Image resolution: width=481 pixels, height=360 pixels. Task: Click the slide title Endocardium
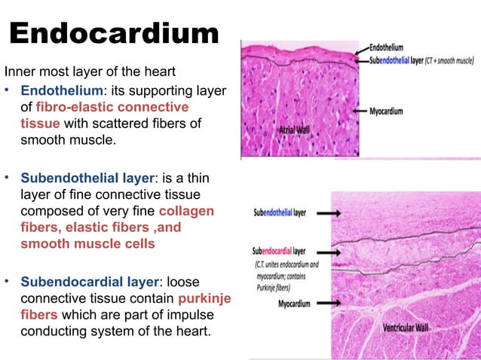coord(115,34)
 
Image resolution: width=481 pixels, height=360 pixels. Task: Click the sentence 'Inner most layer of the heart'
coord(90,73)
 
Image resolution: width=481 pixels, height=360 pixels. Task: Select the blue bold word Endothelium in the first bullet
coord(61,91)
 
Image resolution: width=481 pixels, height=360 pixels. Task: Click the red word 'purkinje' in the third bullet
coord(201,299)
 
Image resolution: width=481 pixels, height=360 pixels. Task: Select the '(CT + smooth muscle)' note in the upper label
coord(449,59)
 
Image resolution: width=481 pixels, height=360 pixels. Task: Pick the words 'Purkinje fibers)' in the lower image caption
coord(275,285)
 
